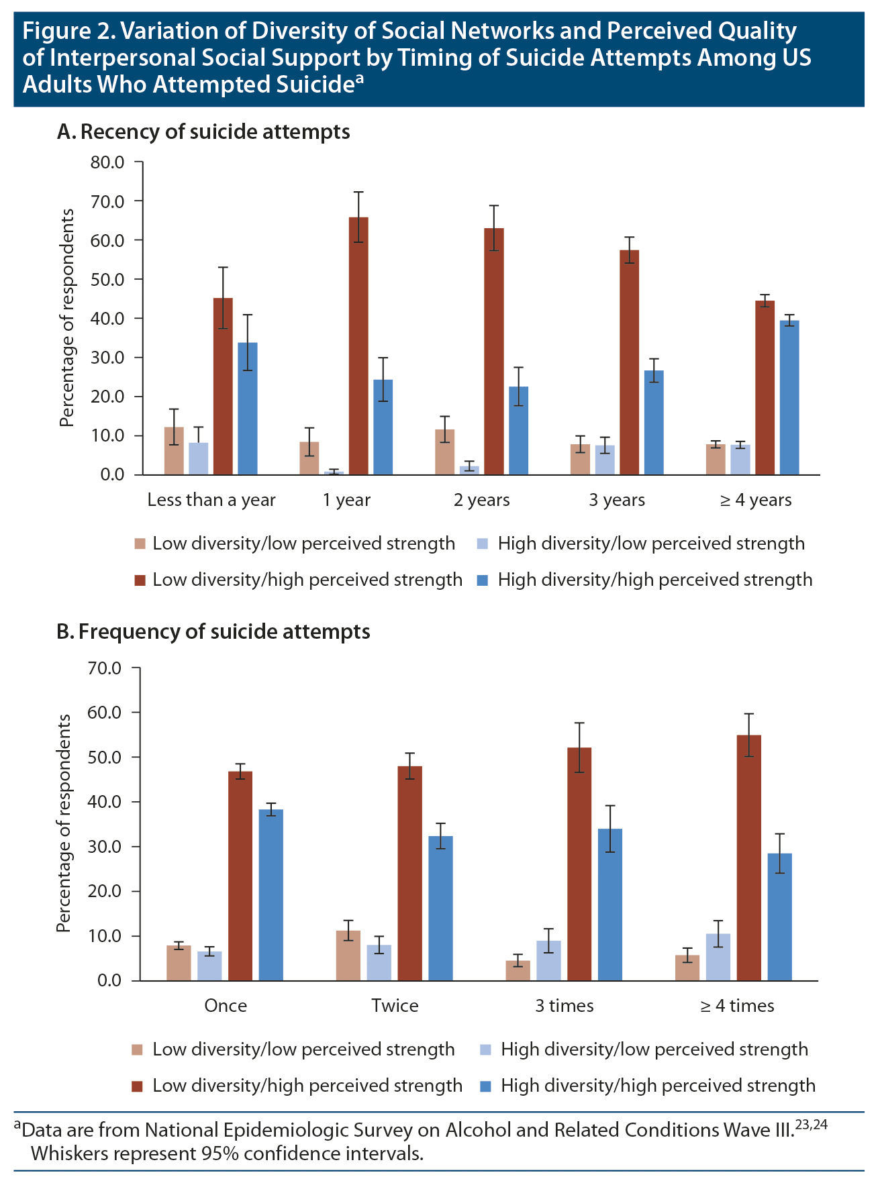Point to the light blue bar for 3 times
pyautogui.click(x=548, y=960)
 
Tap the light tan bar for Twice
pyautogui.click(x=348, y=955)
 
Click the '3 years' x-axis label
pyautogui.click(x=617, y=500)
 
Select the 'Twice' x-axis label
pyautogui.click(x=395, y=1006)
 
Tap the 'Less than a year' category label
pyautogui.click(x=211, y=500)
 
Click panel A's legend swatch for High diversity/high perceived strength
pyautogui.click(x=483, y=580)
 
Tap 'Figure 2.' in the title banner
pyautogui.click(x=68, y=32)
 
